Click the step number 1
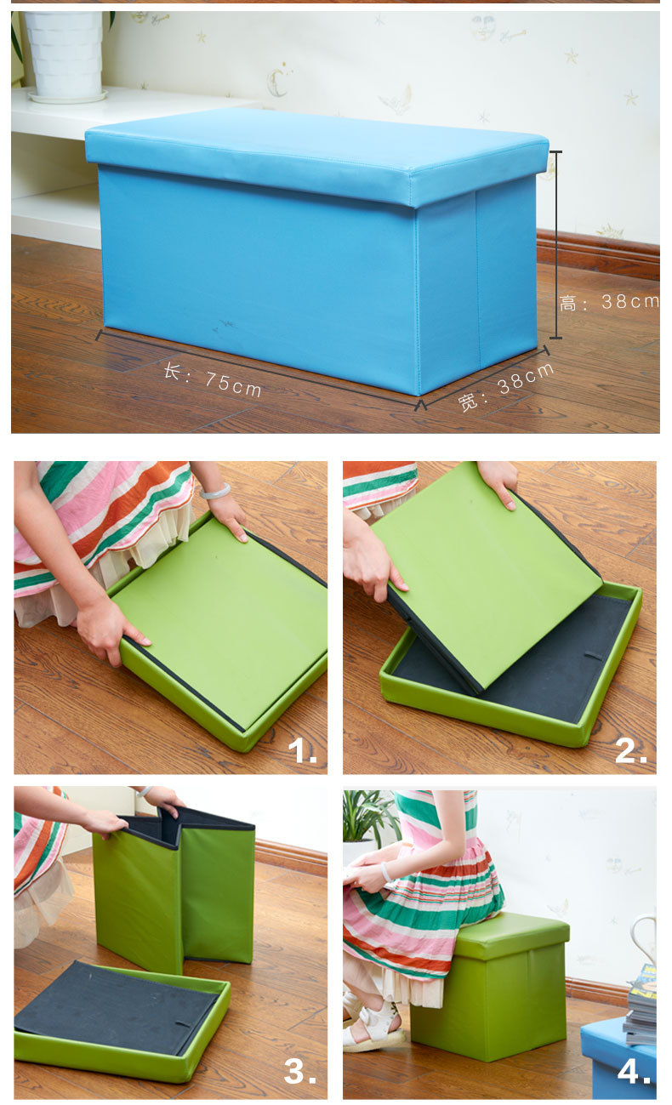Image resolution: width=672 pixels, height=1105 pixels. (x=302, y=751)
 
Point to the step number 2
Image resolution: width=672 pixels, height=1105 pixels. (x=630, y=751)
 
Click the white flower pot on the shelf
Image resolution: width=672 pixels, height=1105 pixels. (x=65, y=55)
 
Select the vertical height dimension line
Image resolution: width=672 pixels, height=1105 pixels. (x=556, y=245)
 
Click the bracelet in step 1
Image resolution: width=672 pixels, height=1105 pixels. (x=215, y=492)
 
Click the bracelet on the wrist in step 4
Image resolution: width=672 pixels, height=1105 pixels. (x=386, y=873)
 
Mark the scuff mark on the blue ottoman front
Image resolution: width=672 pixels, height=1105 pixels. (x=225, y=326)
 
